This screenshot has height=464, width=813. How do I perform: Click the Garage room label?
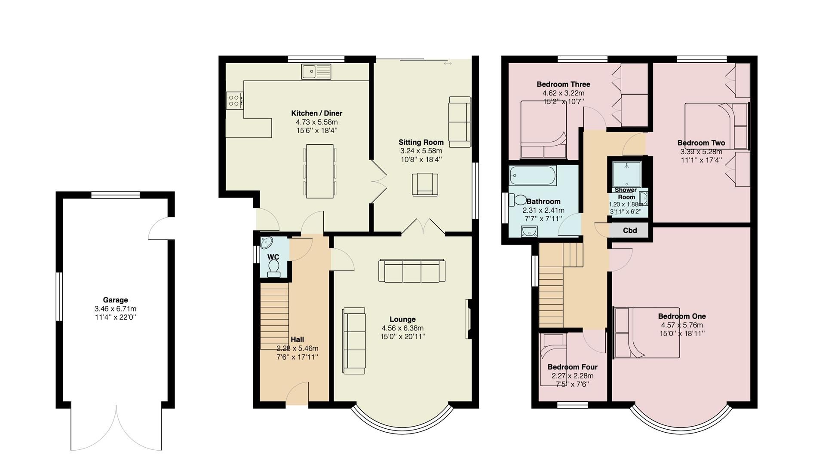click(x=115, y=300)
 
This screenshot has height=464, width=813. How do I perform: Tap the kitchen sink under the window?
click(x=316, y=71)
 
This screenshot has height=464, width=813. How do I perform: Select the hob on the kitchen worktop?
click(x=234, y=101)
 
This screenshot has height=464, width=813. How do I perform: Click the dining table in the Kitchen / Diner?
click(x=319, y=171)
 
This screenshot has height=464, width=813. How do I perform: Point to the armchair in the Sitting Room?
click(x=425, y=184)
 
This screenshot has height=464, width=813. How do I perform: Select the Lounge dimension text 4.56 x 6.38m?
click(x=402, y=328)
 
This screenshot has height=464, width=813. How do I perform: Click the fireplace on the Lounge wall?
click(x=468, y=319)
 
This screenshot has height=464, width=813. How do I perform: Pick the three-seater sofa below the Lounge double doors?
click(x=411, y=271)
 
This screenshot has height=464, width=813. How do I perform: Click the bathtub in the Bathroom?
click(x=533, y=176)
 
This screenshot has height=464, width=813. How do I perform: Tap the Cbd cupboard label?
click(x=629, y=231)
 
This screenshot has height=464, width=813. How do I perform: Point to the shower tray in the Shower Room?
click(x=627, y=174)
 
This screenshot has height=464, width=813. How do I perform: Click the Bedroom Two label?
click(x=701, y=143)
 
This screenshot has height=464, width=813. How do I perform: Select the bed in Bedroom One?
click(x=647, y=333)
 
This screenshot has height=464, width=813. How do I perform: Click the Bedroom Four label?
click(x=572, y=367)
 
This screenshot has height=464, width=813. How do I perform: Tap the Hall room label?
click(x=297, y=339)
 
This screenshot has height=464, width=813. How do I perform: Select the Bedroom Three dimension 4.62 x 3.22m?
click(x=563, y=93)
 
